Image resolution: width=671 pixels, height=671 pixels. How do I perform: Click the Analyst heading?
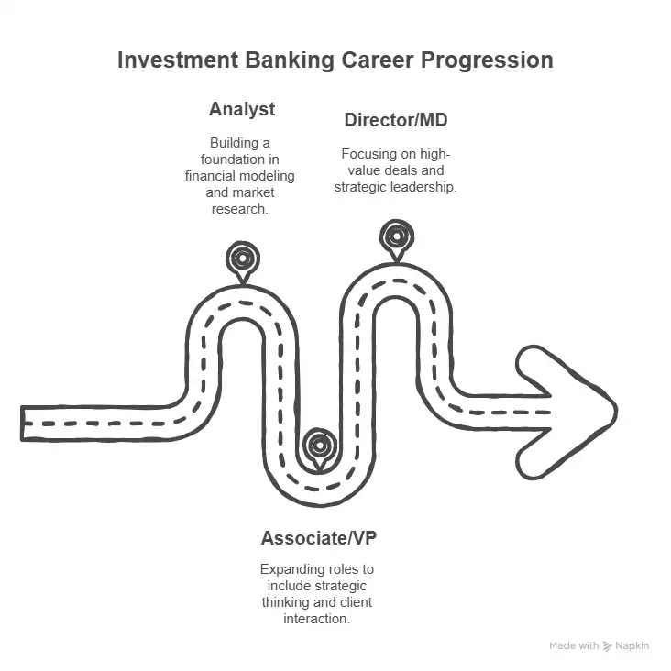click(242, 110)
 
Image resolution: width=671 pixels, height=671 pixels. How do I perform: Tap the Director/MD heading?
click(396, 120)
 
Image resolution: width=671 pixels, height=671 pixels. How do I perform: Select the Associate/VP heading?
click(318, 538)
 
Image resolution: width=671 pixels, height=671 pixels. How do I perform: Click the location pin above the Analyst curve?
click(242, 259)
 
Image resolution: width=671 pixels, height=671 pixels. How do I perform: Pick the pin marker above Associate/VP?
click(319, 445)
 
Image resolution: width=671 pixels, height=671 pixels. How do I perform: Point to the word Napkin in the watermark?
click(632, 645)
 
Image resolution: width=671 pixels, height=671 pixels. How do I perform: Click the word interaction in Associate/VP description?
click(317, 619)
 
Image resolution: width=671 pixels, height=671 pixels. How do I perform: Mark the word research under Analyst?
click(242, 209)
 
